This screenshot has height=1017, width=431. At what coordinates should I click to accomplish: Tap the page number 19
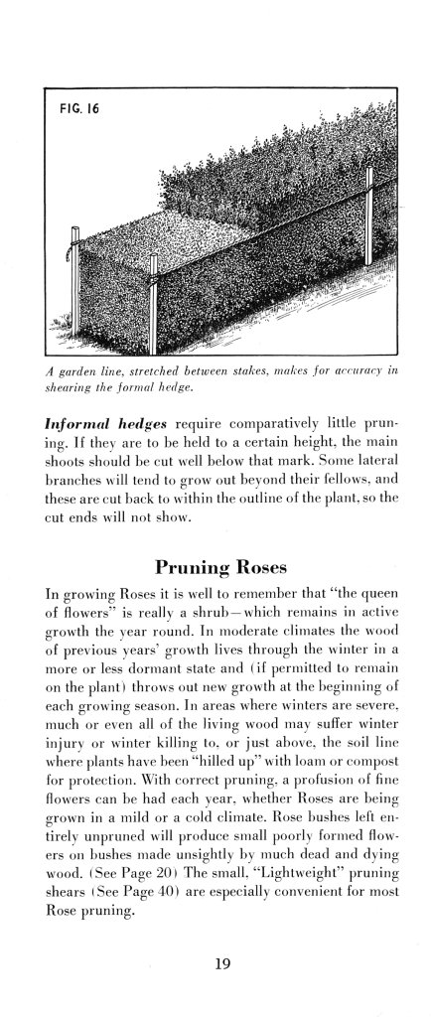coord(217,960)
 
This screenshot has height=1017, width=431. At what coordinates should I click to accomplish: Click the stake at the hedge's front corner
coord(154,283)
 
